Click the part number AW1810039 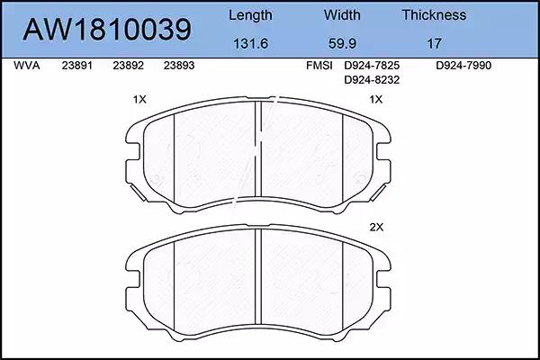pos(107,30)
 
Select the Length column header pos(250,15)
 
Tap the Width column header pos(342,14)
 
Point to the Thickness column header pos(434,14)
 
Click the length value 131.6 pos(250,43)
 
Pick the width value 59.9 pos(342,43)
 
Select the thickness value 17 pos(434,43)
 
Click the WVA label pos(27,66)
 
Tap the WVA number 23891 pos(77,66)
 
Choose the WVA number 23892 pos(128,66)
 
